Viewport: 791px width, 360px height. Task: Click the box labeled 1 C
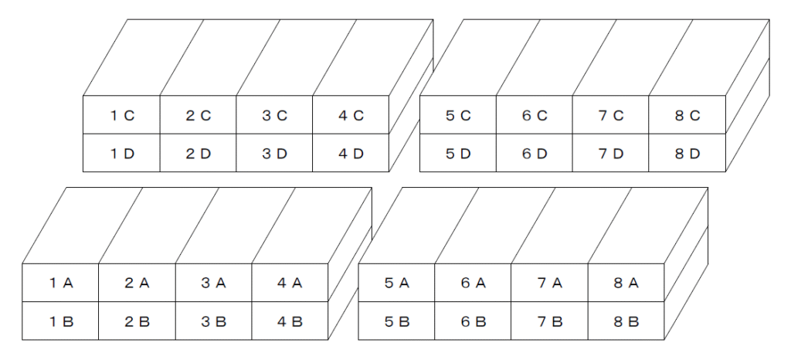(121, 115)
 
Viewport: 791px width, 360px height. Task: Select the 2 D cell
(199, 153)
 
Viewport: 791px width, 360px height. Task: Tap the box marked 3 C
(274, 115)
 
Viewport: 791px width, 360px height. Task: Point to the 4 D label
(351, 154)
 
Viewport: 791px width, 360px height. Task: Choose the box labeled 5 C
(458, 115)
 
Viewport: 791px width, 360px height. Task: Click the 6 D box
(535, 153)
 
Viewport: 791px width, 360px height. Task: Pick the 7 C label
(611, 115)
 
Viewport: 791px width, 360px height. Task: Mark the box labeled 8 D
(687, 153)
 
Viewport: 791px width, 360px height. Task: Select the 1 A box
(60, 283)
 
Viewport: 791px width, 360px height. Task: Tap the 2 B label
(137, 321)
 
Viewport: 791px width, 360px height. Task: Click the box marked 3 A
(213, 283)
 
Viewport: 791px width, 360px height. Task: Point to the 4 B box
(290, 321)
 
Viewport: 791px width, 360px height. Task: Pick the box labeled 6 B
(473, 321)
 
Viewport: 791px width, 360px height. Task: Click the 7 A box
(549, 283)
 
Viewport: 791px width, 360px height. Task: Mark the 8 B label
(626, 321)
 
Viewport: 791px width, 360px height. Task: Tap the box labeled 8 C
(687, 115)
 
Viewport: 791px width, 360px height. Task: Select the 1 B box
(60, 321)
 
